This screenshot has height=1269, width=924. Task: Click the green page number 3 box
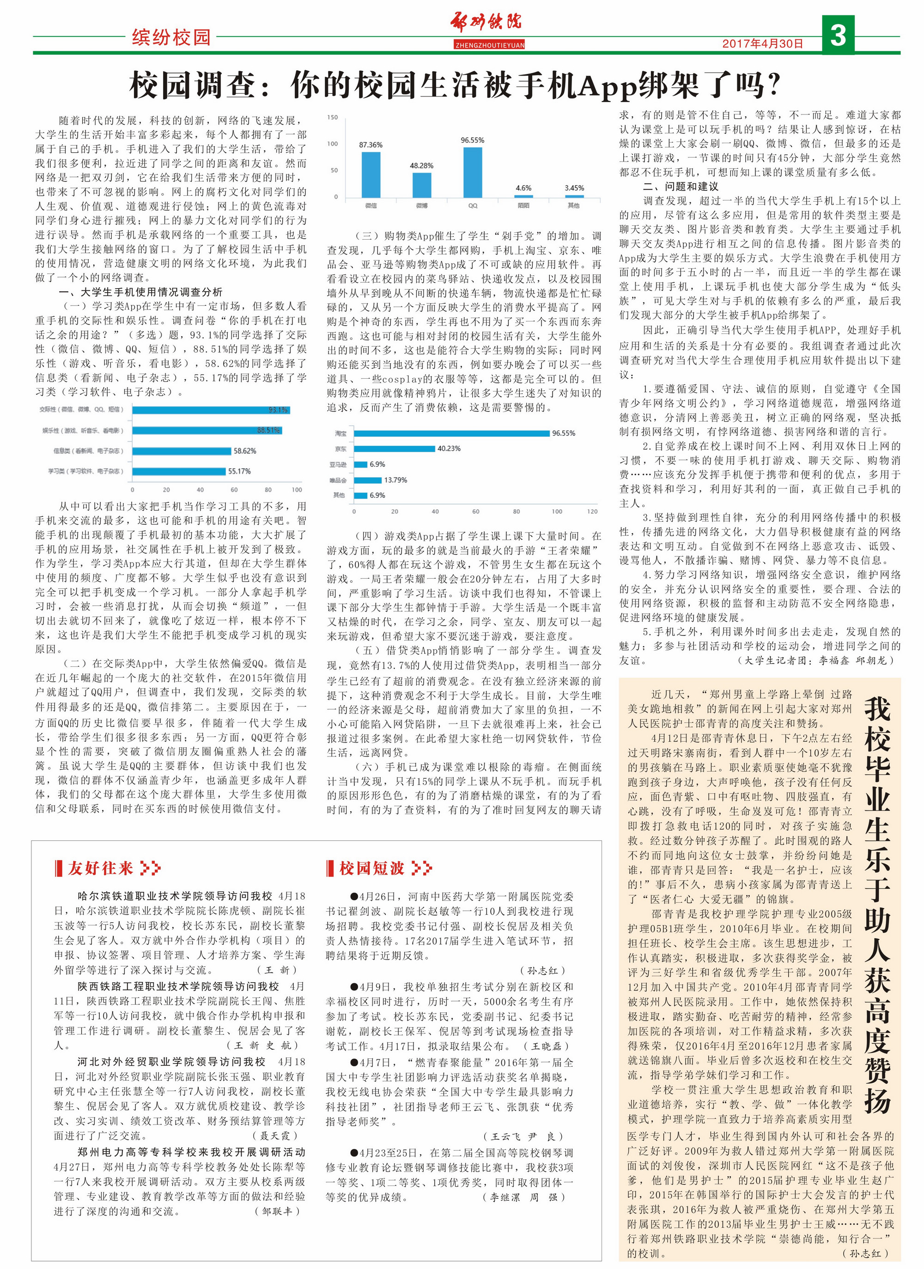point(838,35)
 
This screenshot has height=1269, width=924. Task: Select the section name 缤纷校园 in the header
point(171,37)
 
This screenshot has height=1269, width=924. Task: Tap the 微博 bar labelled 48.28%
point(421,185)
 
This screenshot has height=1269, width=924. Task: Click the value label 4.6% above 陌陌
point(523,188)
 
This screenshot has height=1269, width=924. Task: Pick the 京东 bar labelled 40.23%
point(394,449)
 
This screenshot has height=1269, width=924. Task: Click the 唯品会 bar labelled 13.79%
point(367,480)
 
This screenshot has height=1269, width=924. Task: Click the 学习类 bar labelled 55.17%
point(179,471)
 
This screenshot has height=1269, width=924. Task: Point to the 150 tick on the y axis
point(333,117)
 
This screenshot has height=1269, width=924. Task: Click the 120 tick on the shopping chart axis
point(592,511)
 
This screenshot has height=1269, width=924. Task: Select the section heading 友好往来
point(101,868)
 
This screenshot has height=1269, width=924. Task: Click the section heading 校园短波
point(371,868)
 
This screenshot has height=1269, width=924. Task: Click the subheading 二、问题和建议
point(681,186)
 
